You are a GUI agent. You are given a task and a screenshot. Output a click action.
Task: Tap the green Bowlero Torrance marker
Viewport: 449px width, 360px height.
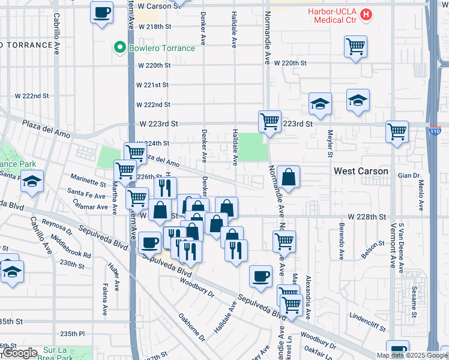(120, 48)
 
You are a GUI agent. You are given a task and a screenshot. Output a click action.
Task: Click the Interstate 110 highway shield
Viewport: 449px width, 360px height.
(436, 130)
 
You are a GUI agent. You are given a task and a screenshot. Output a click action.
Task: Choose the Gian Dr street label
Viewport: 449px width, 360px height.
(408, 175)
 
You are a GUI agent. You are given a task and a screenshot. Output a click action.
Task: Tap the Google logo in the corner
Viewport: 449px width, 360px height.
(19, 353)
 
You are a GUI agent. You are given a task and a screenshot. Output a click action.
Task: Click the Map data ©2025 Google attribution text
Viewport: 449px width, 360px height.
(412, 355)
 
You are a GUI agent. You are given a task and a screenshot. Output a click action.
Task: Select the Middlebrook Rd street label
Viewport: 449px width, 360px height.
(71, 247)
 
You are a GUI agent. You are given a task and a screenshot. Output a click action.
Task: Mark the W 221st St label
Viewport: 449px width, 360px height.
(152, 85)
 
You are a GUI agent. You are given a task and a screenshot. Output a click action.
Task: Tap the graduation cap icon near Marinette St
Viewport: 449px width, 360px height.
(31, 181)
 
